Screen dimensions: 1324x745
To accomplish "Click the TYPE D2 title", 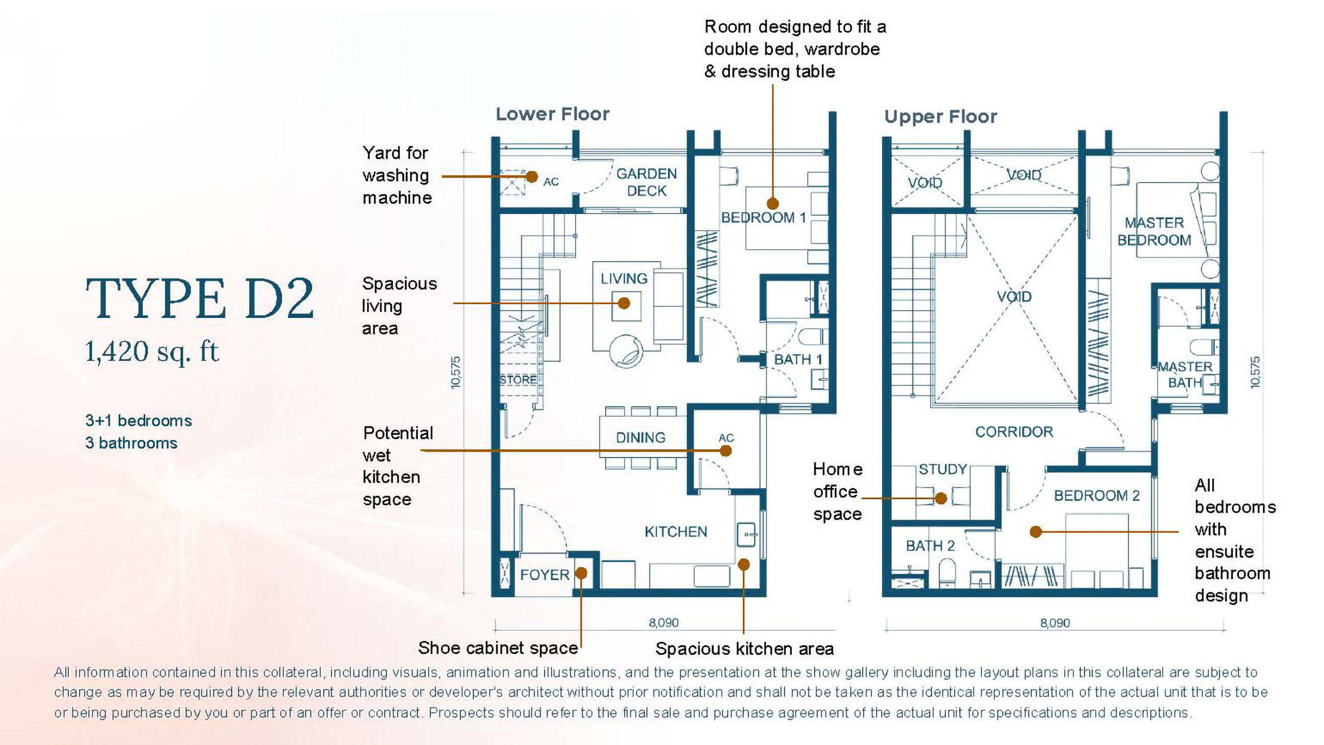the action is pyautogui.click(x=200, y=298).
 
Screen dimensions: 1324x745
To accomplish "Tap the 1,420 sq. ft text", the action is pyautogui.click(x=152, y=352).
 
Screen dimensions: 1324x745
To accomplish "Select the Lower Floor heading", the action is pyautogui.click(x=552, y=114).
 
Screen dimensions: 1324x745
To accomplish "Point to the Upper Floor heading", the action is pyautogui.click(x=940, y=116).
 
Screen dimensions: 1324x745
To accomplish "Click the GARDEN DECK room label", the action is pyautogui.click(x=646, y=182).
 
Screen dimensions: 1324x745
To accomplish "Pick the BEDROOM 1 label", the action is pyautogui.click(x=763, y=218).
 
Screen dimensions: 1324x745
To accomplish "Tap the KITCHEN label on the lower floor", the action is pyautogui.click(x=675, y=531).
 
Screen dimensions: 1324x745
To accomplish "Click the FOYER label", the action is pyautogui.click(x=545, y=574).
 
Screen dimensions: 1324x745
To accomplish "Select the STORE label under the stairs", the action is pyautogui.click(x=518, y=379).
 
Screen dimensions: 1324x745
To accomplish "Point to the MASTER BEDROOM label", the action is pyautogui.click(x=1154, y=231).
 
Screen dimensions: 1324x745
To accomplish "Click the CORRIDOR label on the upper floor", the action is pyautogui.click(x=1014, y=432).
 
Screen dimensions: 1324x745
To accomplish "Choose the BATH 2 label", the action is pyautogui.click(x=930, y=545).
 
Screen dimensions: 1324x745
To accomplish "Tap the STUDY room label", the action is pyautogui.click(x=942, y=469).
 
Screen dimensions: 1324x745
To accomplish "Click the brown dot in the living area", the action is pyautogui.click(x=624, y=303).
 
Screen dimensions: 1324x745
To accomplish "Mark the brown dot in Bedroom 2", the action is pyautogui.click(x=1035, y=531).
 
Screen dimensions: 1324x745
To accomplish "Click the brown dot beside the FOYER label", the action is pyautogui.click(x=581, y=573).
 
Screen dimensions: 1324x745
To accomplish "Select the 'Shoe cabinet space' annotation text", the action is pyautogui.click(x=498, y=648).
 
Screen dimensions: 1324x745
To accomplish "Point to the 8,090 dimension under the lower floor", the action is pyautogui.click(x=664, y=622).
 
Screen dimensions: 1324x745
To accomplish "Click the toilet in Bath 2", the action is pyautogui.click(x=947, y=573).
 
